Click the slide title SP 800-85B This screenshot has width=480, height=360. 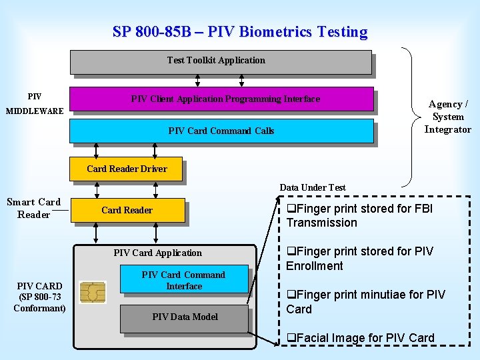(240, 31)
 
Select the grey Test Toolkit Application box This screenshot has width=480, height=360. (220, 61)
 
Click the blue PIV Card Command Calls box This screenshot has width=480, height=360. (221, 131)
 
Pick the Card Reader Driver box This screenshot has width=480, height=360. (127, 169)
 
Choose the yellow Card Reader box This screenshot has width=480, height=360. (127, 210)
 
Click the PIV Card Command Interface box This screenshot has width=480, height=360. (183, 280)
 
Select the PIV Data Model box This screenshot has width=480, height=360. (184, 317)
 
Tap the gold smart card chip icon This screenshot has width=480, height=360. (92, 293)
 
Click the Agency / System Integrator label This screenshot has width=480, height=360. (447, 117)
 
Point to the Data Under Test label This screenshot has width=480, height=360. (312, 187)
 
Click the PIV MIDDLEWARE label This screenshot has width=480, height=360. (35, 104)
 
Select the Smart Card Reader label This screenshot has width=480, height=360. (33, 208)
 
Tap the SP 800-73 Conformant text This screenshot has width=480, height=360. (39, 302)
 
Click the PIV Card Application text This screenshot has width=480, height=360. (157, 253)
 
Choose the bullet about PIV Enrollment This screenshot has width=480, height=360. (359, 259)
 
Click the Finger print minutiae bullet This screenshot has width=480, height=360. (365, 301)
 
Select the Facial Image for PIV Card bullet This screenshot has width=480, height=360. (360, 338)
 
